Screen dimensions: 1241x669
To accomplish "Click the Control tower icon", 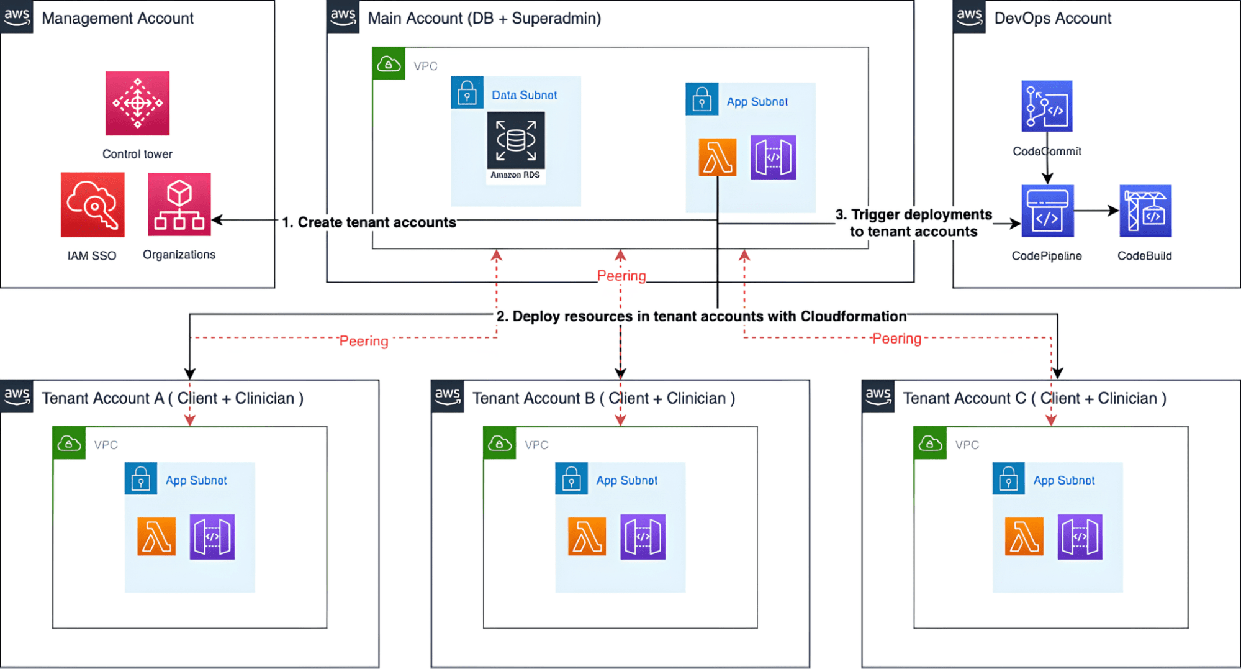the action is coord(137,103).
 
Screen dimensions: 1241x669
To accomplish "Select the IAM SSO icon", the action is coord(93,204).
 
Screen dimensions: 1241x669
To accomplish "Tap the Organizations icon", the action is coord(179,204).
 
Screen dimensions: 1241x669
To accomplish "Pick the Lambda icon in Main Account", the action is coord(718,157).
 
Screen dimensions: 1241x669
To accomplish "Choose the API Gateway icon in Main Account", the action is coord(773,157).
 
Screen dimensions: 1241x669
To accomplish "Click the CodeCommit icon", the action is coord(1047,106).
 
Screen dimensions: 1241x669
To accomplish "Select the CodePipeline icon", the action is coord(1047,211).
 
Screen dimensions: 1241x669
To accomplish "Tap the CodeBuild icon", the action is coord(1145,211).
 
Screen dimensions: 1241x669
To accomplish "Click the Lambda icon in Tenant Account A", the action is coord(156,536).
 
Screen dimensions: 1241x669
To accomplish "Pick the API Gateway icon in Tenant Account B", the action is coord(643,537).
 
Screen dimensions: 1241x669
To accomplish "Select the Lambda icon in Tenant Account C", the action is coord(1024,536).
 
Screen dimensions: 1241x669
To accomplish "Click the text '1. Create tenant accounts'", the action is coord(369,222).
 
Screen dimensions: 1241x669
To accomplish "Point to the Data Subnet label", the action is coord(525,95).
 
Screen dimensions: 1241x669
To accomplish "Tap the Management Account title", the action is coord(118,18).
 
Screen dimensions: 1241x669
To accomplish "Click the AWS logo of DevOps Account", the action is coord(969,16).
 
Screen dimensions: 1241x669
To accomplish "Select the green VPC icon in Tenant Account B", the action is coord(500,443).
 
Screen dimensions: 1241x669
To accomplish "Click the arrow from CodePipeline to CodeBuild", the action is coord(1096,211).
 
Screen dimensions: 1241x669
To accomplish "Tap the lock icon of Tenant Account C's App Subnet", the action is coord(1009,478).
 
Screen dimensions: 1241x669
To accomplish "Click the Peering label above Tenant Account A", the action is coord(364,341).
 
